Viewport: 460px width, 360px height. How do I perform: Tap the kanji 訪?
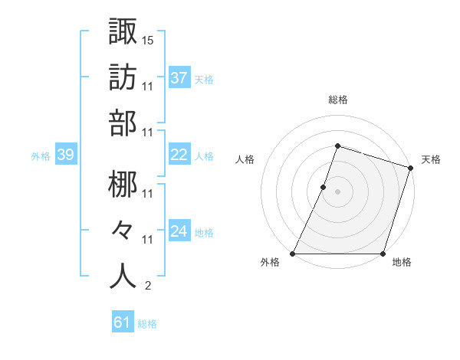[123, 77]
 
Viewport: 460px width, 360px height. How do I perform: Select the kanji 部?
[123, 123]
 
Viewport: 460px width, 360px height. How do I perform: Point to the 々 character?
[123, 230]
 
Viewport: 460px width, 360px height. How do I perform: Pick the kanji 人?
[123, 276]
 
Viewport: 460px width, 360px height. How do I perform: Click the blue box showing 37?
[179, 77]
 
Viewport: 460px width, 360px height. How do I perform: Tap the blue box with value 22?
[179, 154]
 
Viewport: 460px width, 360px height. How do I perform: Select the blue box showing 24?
[179, 231]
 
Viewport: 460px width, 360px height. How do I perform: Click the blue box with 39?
[65, 155]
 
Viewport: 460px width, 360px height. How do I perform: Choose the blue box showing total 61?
[123, 322]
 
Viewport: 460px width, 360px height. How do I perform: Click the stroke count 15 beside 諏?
[149, 39]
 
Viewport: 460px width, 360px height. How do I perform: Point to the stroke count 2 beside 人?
[147, 286]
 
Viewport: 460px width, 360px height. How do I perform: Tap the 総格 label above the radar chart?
[337, 100]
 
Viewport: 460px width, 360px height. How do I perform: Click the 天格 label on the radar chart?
[431, 159]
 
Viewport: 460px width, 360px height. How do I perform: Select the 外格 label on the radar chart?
[270, 263]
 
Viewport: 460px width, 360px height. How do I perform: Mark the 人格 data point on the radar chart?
[324, 187]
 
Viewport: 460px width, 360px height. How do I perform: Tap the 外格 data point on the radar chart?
[293, 254]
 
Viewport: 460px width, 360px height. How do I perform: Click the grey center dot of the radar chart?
[337, 191]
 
